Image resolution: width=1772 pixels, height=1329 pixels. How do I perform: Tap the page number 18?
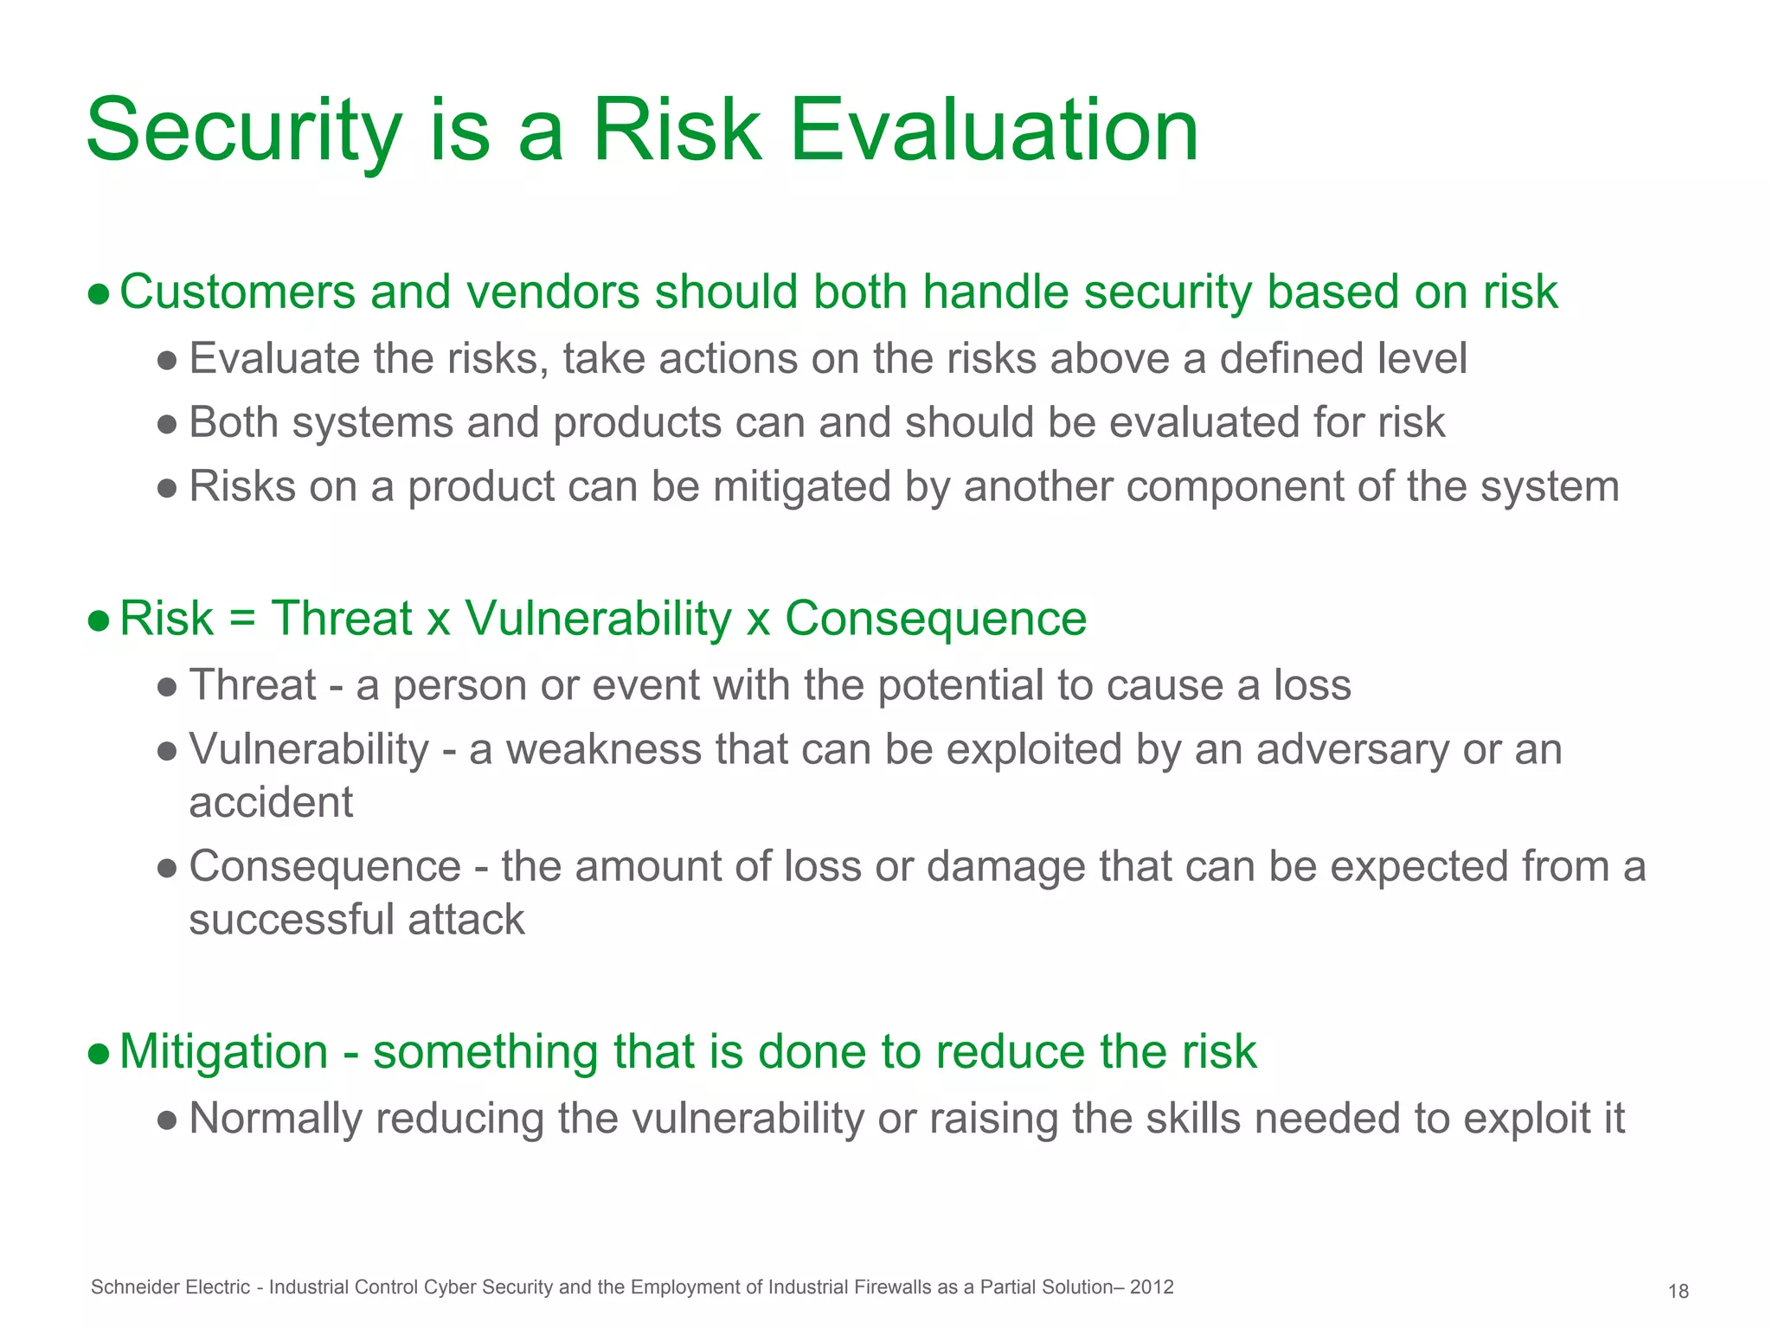pyautogui.click(x=1678, y=1292)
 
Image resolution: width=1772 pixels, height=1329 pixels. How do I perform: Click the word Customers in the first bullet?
pyautogui.click(x=237, y=292)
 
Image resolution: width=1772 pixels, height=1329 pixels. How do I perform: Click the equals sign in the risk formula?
pyautogui.click(x=242, y=620)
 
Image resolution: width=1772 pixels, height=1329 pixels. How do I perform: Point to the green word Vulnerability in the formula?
pyautogui.click(x=598, y=620)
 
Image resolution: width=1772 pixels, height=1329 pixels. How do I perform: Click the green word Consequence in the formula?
pyautogui.click(x=935, y=620)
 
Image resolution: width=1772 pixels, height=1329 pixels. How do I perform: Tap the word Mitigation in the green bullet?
pyautogui.click(x=224, y=1052)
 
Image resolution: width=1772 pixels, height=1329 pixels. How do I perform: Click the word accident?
pyautogui.click(x=271, y=802)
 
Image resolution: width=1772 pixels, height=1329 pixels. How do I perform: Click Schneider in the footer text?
pyautogui.click(x=127, y=1287)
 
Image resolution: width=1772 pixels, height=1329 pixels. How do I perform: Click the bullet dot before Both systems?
pyautogui.click(x=168, y=424)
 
